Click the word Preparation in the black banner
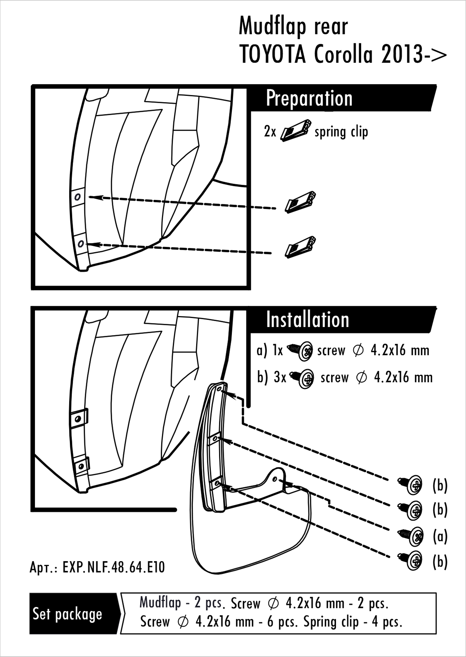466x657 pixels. (x=309, y=99)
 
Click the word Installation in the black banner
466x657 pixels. (x=308, y=320)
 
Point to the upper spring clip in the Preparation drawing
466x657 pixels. (x=300, y=202)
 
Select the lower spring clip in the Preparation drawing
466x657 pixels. (x=300, y=247)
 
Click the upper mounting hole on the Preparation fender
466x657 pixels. (x=77, y=197)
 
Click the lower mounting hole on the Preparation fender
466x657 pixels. (x=81, y=243)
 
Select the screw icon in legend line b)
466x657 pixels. (x=302, y=378)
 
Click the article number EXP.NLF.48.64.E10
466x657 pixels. (x=113, y=567)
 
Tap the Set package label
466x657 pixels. (x=67, y=614)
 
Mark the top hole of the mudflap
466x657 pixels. (x=220, y=389)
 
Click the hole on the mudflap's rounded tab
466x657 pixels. (x=275, y=479)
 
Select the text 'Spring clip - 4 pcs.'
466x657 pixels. (x=353, y=622)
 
